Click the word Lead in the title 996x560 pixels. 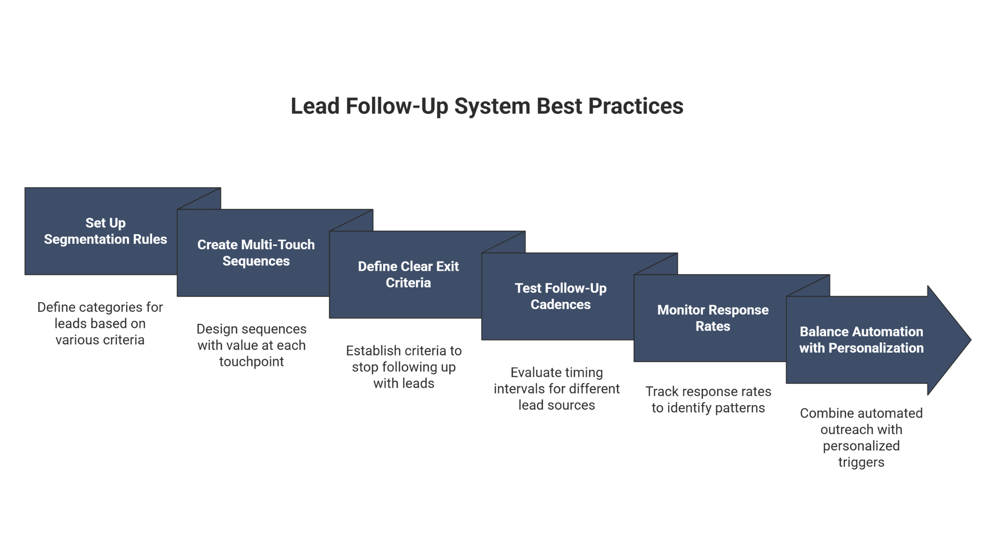[x=315, y=107]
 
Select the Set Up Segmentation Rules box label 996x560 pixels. [x=105, y=231]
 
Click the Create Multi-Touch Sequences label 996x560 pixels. [x=256, y=253]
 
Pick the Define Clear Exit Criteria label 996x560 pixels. [x=408, y=275]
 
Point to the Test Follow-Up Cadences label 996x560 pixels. [x=560, y=296]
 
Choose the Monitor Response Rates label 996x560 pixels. [x=712, y=318]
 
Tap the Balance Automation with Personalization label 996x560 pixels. [x=861, y=340]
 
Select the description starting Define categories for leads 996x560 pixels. [x=100, y=324]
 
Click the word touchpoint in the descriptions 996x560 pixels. [x=251, y=362]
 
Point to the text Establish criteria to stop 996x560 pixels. [x=404, y=359]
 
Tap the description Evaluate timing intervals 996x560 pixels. [x=556, y=381]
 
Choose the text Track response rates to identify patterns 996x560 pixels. [x=708, y=400]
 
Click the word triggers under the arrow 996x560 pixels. [x=861, y=462]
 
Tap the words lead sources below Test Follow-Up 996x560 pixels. [x=556, y=405]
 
